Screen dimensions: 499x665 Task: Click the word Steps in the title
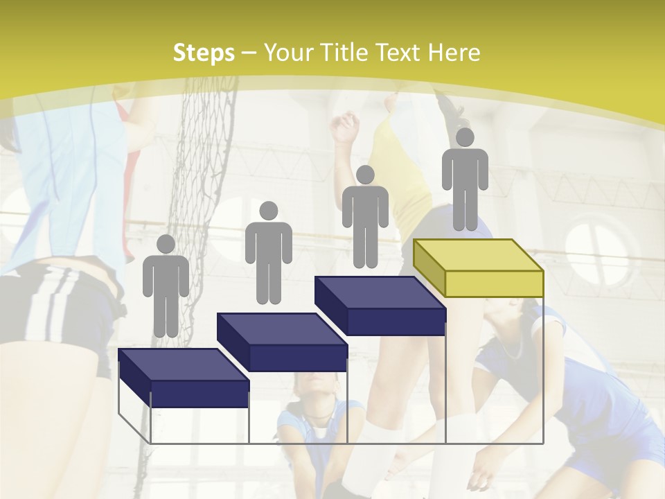pos(204,53)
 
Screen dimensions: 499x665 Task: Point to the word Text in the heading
pos(400,53)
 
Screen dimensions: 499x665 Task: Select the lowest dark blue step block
pos(184,378)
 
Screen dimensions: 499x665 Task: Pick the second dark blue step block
pos(282,342)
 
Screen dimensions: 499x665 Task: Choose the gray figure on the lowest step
pos(166,288)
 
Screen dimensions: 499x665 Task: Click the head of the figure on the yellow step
pos(465,137)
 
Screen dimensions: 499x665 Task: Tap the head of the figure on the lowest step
pos(166,244)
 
